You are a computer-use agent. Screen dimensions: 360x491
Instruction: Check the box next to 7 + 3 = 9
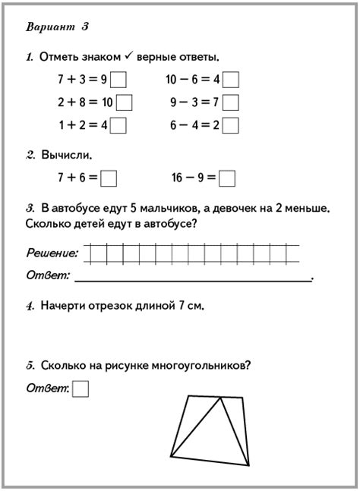(x=118, y=79)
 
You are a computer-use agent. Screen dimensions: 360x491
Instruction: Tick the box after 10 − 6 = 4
(x=231, y=79)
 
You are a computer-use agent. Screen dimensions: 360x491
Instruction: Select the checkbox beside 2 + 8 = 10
(x=124, y=102)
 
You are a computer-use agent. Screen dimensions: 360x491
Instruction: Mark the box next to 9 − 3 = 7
(x=231, y=102)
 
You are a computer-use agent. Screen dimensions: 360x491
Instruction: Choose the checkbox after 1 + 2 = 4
(x=118, y=124)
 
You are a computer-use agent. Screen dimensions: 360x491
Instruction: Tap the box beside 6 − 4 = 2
(x=231, y=124)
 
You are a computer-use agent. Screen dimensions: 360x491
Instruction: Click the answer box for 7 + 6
(x=109, y=178)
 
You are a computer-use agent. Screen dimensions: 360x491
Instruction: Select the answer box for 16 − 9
(x=227, y=178)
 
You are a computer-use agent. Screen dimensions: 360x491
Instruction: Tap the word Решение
(x=52, y=253)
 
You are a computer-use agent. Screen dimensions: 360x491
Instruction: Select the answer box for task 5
(x=81, y=389)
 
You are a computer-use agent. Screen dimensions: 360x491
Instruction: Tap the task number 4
(x=30, y=307)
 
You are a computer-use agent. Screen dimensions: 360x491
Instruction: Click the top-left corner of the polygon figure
(x=188, y=395)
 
